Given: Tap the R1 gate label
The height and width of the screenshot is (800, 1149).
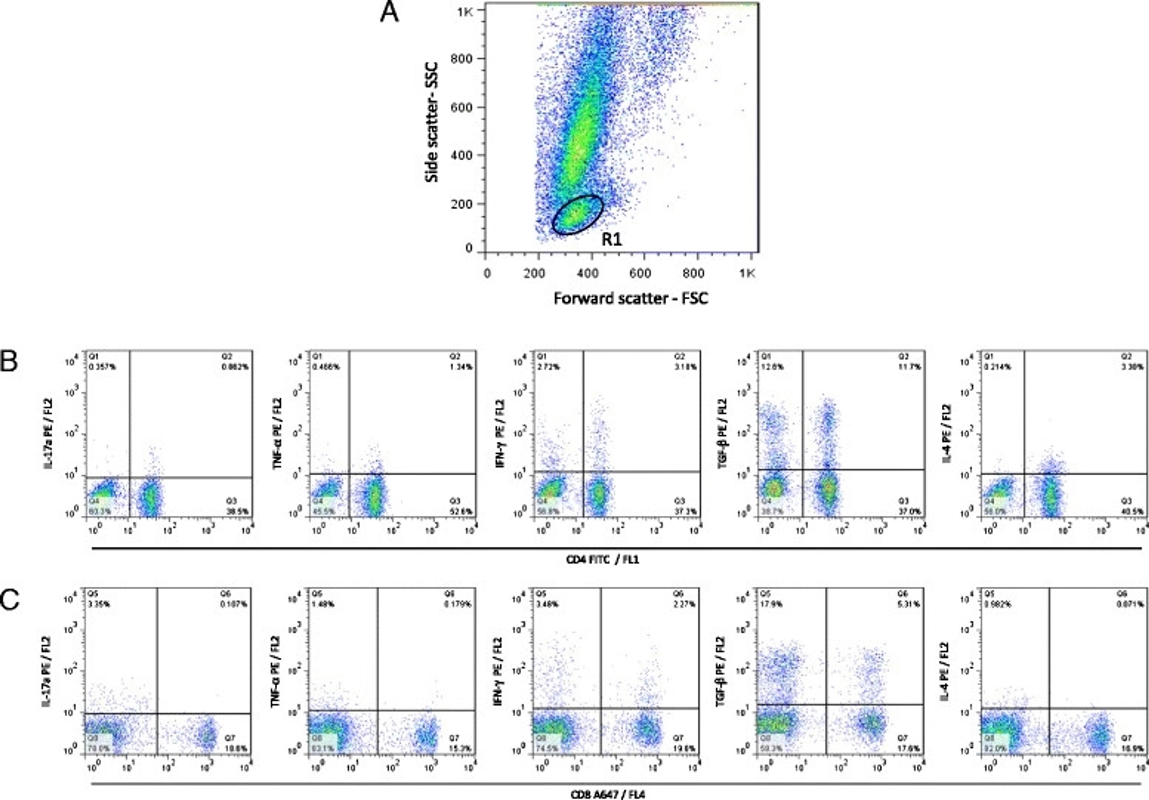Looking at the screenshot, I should coord(612,240).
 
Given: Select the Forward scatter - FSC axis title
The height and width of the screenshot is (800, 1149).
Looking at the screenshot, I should coord(630,299).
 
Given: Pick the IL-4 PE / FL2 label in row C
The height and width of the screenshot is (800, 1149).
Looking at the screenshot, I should coord(946,671).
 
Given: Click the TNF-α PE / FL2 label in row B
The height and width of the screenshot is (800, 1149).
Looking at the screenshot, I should coord(277,434).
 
